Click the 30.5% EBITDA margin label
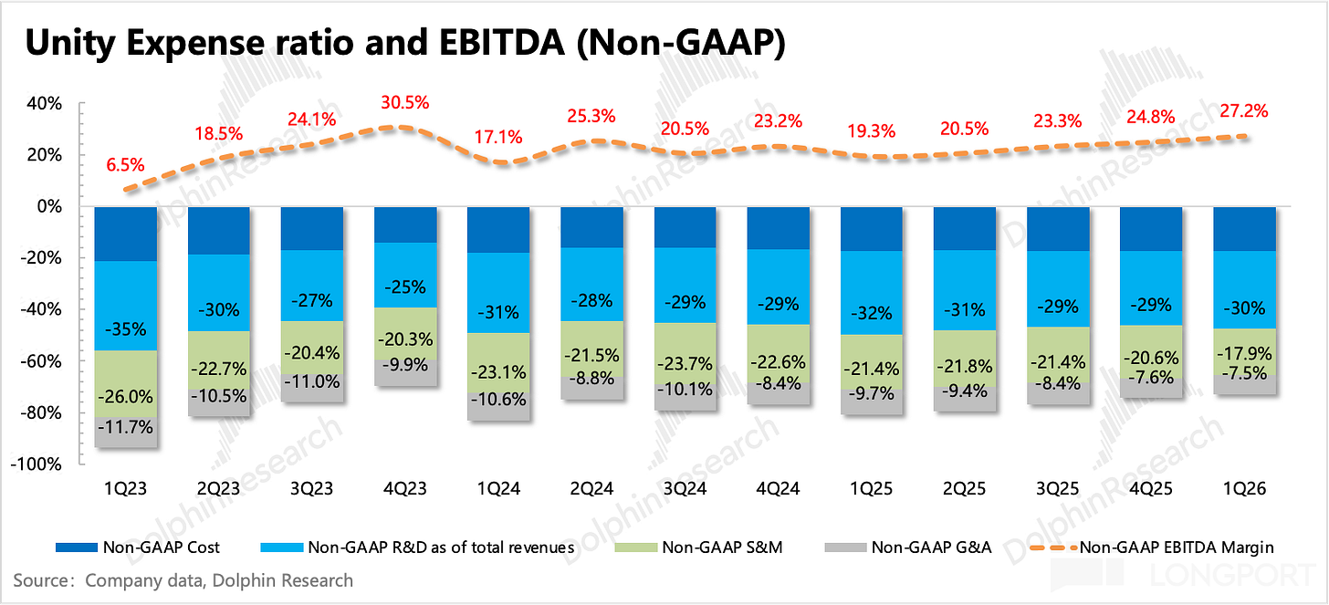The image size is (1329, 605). (x=405, y=102)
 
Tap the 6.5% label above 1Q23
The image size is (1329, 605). (x=125, y=165)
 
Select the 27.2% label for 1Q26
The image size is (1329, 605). (x=1244, y=111)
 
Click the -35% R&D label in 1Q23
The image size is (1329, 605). (x=125, y=329)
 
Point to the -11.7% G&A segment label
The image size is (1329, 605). (x=125, y=426)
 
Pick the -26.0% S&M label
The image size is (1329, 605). (x=125, y=396)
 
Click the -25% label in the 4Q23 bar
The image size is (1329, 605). (x=405, y=287)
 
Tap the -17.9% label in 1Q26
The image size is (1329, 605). (x=1244, y=353)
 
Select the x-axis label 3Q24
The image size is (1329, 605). (x=685, y=489)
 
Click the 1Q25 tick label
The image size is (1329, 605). (x=871, y=489)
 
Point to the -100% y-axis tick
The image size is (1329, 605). (x=37, y=464)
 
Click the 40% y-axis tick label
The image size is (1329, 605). (x=45, y=104)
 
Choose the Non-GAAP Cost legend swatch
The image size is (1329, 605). (x=77, y=548)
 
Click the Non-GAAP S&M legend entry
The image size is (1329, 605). (x=698, y=548)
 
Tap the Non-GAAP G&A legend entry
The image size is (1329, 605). (x=907, y=548)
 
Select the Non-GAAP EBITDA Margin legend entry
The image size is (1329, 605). (x=1152, y=548)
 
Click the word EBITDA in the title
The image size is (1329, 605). (x=503, y=43)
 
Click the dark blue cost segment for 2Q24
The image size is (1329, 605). (x=591, y=227)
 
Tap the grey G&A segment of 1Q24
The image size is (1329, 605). (x=498, y=407)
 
